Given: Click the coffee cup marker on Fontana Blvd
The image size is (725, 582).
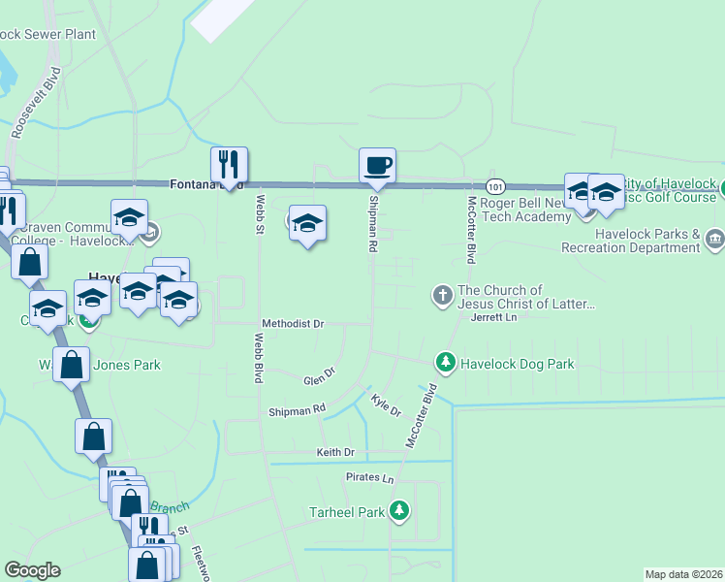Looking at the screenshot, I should tap(377, 165).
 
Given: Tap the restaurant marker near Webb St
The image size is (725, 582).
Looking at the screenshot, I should tap(230, 165).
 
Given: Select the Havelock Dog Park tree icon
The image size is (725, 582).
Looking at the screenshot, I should tap(446, 363).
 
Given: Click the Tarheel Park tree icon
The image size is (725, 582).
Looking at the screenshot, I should tap(398, 510).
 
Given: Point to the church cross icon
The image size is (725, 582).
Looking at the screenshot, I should tap(442, 294).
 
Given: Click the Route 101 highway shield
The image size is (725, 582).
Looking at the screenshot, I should tap(495, 185).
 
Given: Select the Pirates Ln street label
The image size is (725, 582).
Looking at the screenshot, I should tap(370, 478).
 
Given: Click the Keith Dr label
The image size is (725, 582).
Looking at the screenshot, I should tap(335, 453).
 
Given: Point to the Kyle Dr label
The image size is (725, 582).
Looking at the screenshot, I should tap(386, 404).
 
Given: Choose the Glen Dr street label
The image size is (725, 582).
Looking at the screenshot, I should tap(319, 374).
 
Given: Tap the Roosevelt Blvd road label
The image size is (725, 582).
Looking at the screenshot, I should tap(35, 101).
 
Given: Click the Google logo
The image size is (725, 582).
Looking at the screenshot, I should tap(32, 569).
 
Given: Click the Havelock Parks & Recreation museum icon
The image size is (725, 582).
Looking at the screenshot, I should tap(714, 239).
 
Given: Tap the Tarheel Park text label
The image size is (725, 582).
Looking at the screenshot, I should tap(346, 511).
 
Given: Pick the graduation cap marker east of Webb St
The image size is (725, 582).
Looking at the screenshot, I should tap(307, 224).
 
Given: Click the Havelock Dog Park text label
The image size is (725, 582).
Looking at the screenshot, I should tap(518, 365).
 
